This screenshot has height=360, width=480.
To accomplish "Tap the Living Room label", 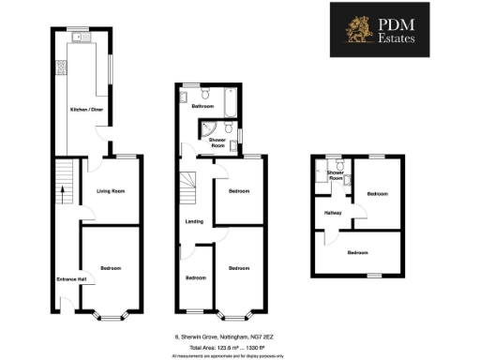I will [112, 191].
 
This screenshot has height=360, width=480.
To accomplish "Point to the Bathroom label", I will [202, 107].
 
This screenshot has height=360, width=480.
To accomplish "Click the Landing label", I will [195, 221].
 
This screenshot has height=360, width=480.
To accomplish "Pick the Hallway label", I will [333, 213].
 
